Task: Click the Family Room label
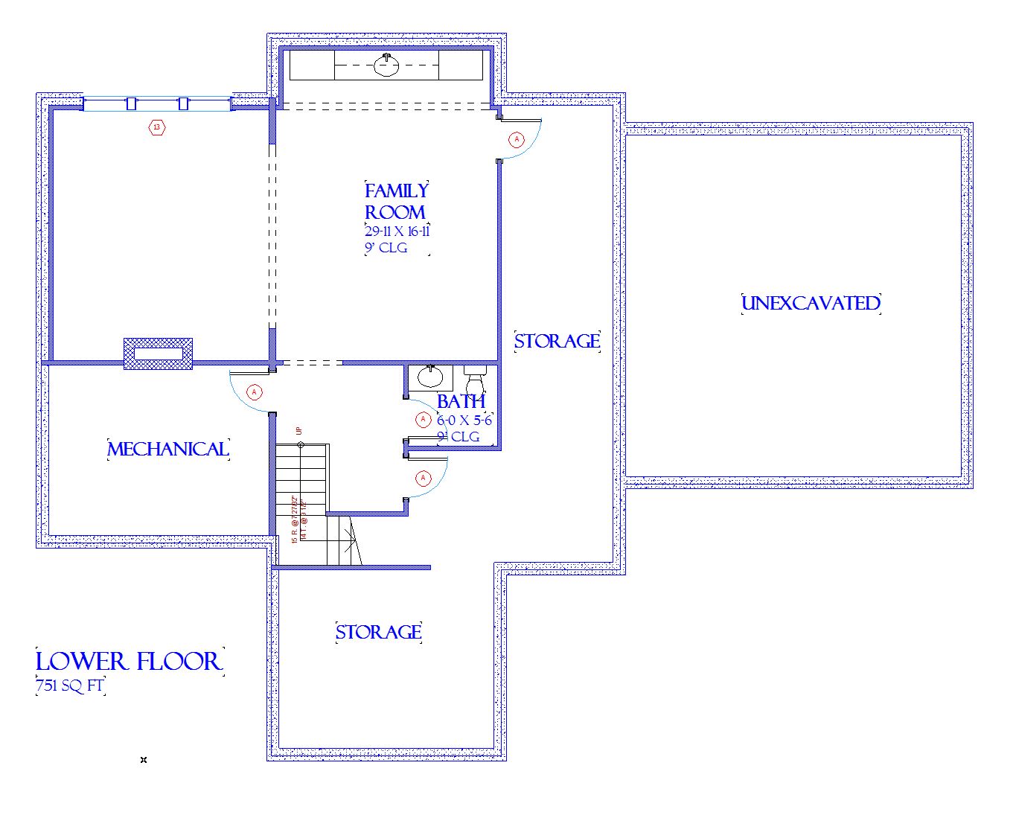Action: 396,202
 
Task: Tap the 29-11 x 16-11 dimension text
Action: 397,231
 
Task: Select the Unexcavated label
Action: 811,304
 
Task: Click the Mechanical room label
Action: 168,450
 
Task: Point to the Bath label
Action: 461,402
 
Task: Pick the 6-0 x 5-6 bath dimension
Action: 464,421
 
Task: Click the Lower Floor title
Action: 130,661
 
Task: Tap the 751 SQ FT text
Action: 70,686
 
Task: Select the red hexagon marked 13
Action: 157,127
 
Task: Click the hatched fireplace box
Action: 158,354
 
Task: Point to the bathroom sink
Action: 429,377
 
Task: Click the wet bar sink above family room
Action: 386,66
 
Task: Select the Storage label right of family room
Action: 557,342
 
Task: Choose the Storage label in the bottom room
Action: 378,633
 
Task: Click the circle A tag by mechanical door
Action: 255,391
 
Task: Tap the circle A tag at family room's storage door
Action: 516,139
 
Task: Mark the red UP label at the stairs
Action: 298,430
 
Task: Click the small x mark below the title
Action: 144,760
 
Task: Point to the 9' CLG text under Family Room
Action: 386,249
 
